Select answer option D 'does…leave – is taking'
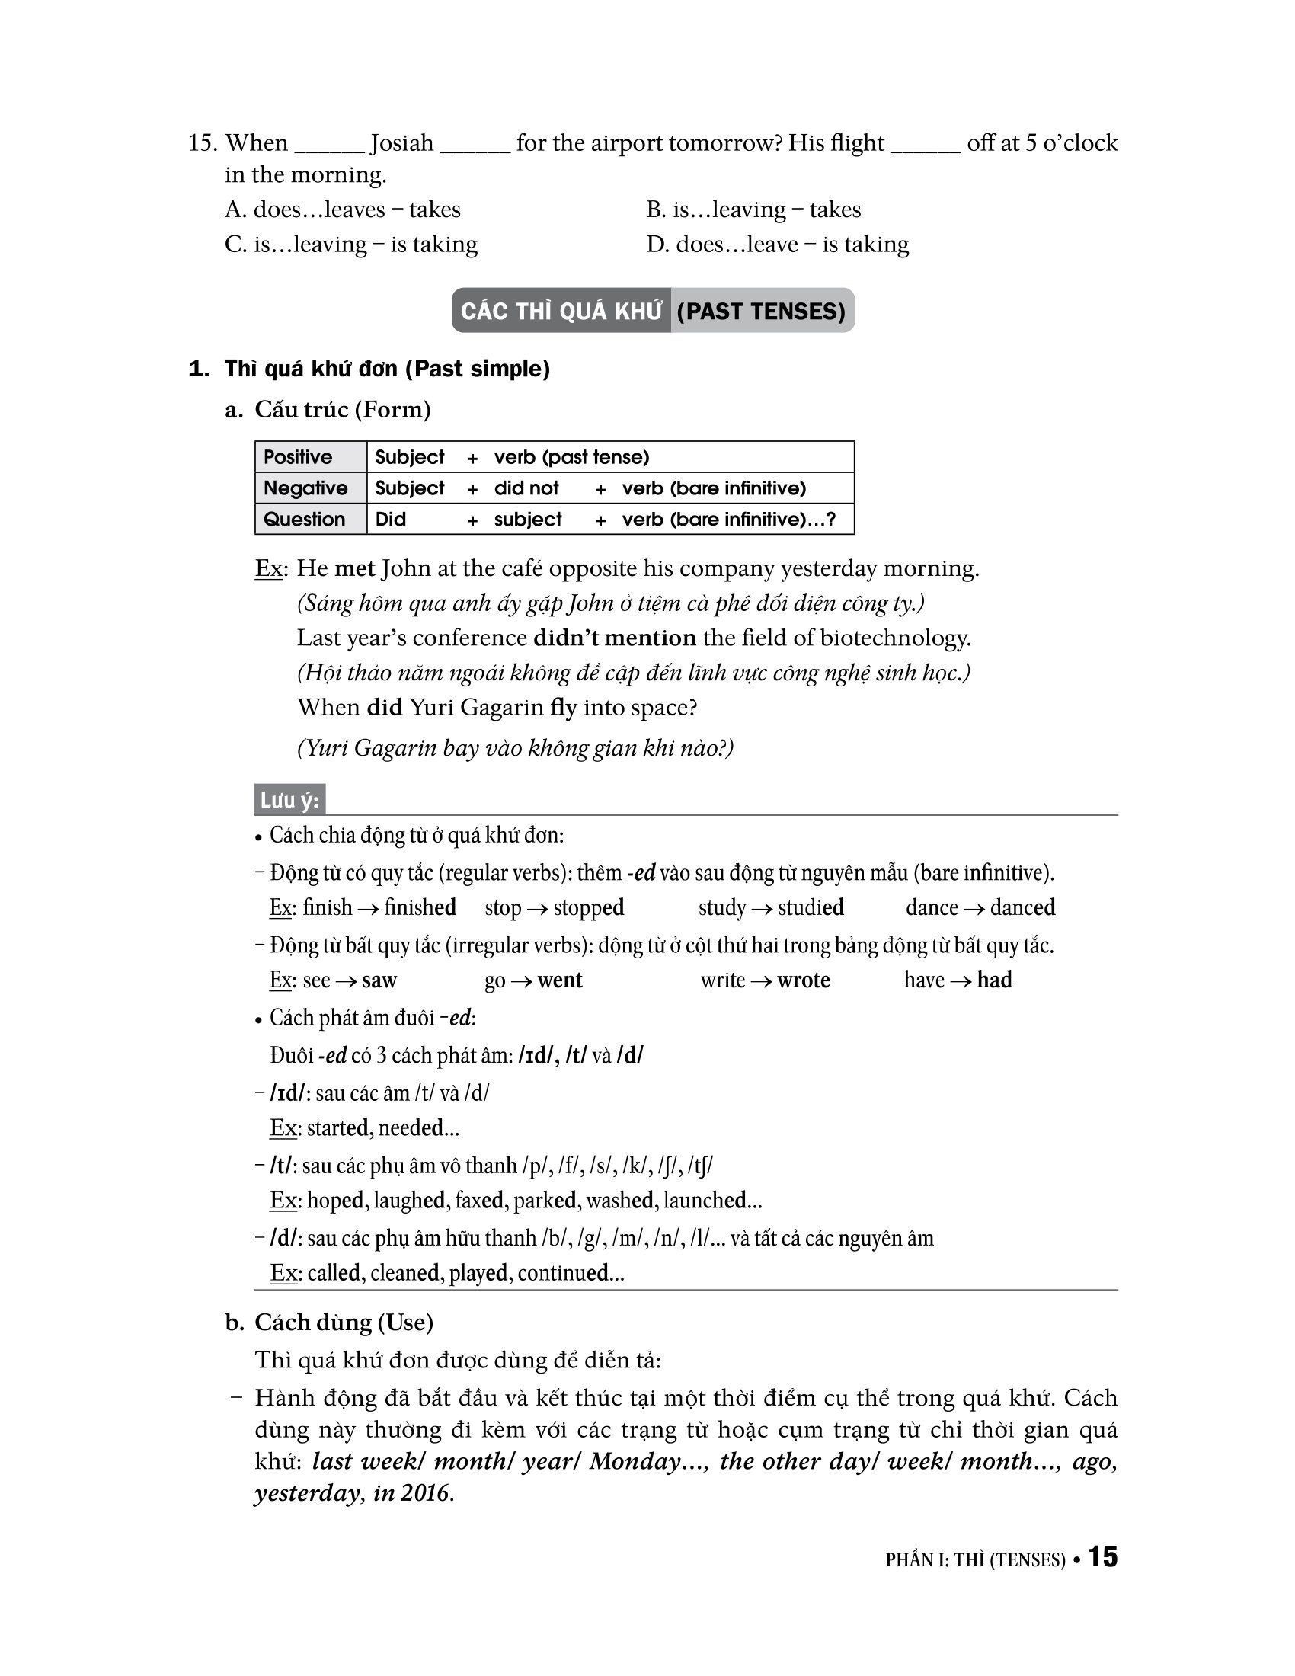[x=777, y=244]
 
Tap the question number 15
[x=203, y=142]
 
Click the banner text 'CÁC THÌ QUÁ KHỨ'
[x=561, y=311]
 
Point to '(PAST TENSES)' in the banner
[x=761, y=311]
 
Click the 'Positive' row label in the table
[x=298, y=457]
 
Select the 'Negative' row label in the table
[x=305, y=488]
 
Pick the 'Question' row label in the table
[x=304, y=520]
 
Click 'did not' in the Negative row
[x=526, y=488]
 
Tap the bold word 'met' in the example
[x=354, y=568]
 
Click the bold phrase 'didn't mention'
[x=614, y=638]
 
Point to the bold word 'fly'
[x=563, y=707]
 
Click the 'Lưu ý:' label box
[x=289, y=801]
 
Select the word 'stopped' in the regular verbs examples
[x=588, y=908]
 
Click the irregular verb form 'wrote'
[x=803, y=980]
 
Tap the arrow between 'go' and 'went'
[x=521, y=980]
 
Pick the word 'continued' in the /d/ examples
[x=563, y=1273]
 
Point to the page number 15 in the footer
[x=1102, y=1556]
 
